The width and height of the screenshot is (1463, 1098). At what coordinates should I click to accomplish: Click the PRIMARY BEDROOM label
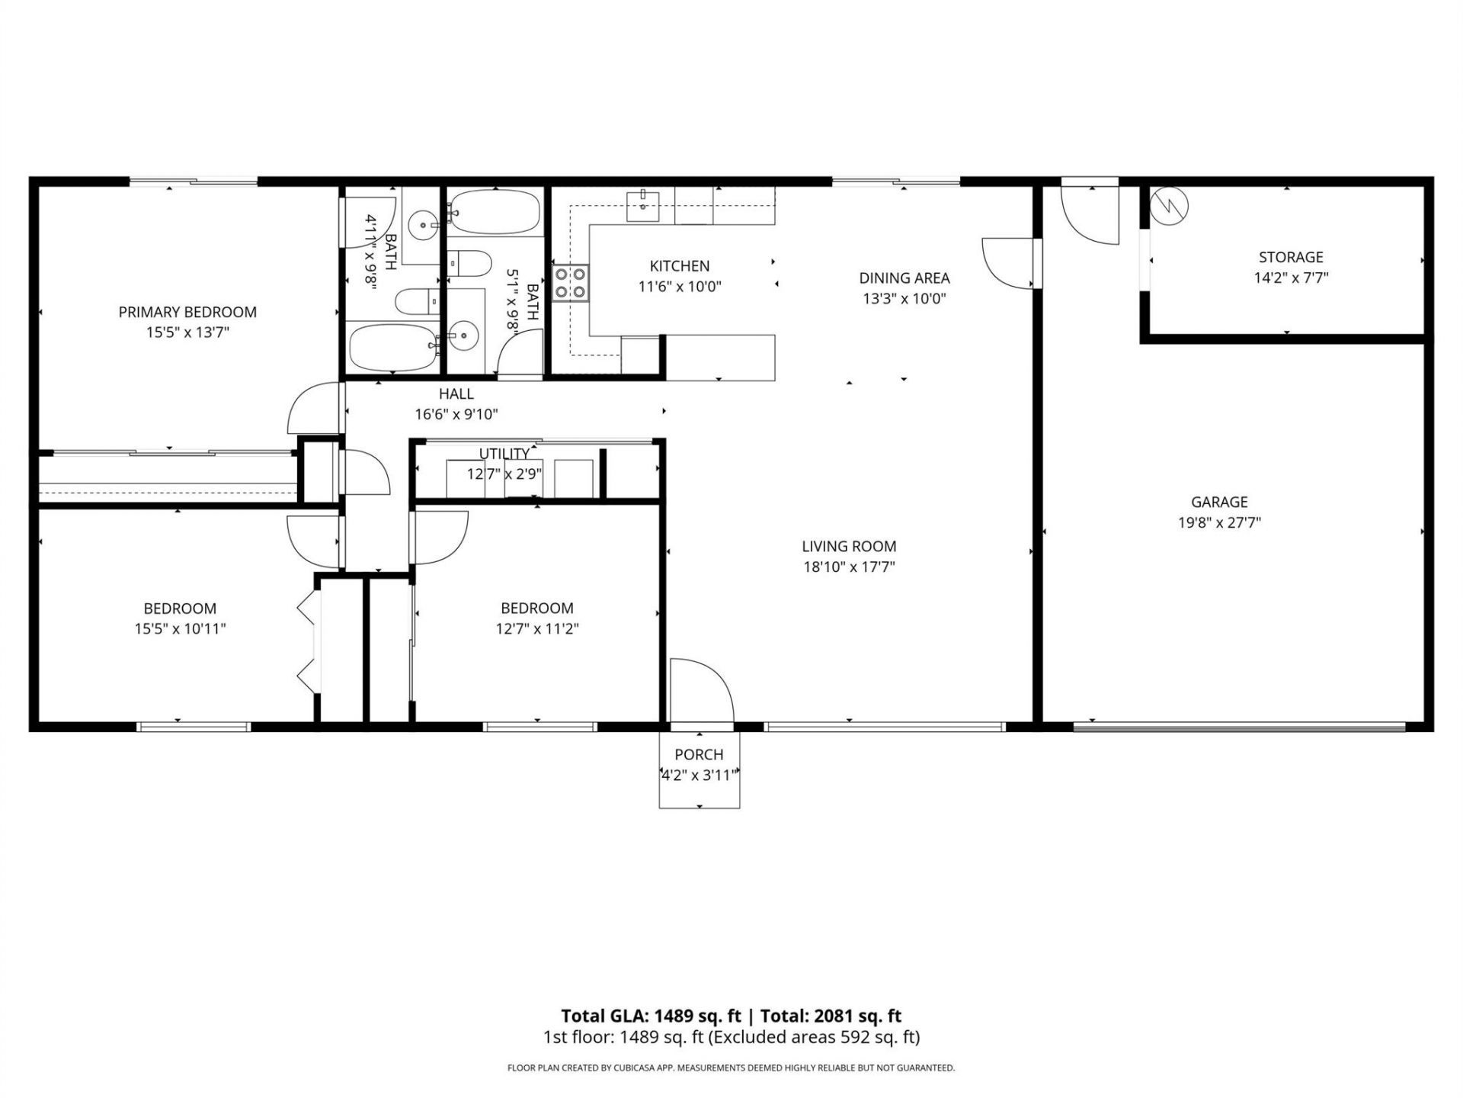(187, 312)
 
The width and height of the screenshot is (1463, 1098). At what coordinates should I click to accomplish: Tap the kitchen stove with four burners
(571, 284)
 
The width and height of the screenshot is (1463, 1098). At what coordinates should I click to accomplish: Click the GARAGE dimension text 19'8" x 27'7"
(1219, 523)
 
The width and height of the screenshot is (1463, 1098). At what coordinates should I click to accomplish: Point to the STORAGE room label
(1291, 257)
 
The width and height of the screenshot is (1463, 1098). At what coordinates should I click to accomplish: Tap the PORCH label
(699, 755)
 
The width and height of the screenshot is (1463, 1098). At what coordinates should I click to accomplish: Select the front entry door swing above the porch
(699, 690)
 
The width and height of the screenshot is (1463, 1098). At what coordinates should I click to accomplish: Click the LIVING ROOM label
(849, 546)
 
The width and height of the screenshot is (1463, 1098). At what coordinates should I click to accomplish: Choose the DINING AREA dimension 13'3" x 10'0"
(904, 299)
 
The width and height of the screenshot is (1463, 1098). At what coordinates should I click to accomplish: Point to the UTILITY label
(504, 454)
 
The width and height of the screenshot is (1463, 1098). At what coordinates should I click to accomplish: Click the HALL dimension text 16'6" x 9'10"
(456, 415)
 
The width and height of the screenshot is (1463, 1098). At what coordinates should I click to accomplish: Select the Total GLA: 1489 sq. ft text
(651, 1016)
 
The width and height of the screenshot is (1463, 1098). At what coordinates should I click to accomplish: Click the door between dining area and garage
(1010, 263)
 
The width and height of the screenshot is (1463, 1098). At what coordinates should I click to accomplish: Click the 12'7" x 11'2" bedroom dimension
(536, 629)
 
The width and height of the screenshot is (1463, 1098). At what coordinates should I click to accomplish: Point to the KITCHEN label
(679, 266)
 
